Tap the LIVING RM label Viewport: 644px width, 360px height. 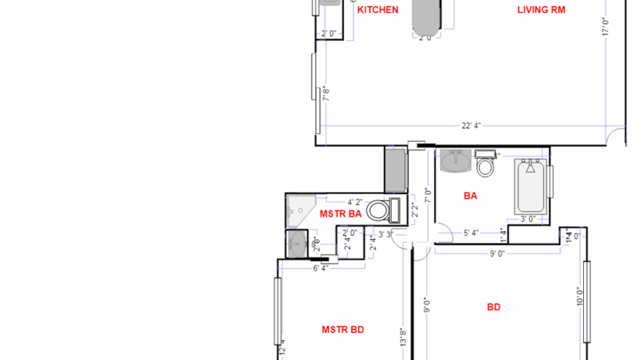point(542,10)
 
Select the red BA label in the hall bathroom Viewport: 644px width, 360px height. point(470,196)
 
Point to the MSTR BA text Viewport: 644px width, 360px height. point(341,213)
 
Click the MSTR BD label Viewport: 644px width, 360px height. point(342,330)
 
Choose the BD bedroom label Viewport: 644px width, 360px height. point(494,307)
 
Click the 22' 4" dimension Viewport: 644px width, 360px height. point(471,126)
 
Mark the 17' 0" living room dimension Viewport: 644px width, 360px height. point(606,28)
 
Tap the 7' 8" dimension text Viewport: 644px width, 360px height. point(326,93)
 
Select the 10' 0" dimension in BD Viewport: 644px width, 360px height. point(579,296)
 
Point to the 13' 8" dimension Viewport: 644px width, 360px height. point(403,337)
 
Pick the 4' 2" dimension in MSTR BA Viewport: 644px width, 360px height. point(355,202)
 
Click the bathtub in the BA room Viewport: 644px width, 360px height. point(531,187)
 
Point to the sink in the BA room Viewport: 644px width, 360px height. point(456,161)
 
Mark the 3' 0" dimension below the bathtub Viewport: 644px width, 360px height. point(528,219)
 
